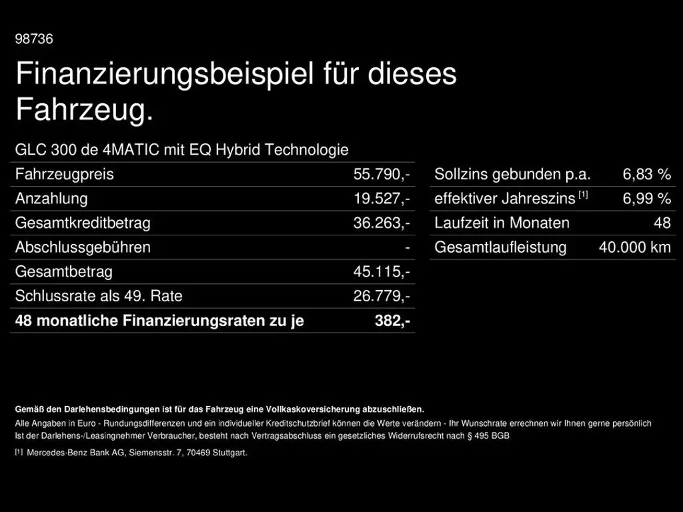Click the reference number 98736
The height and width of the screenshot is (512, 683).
(x=34, y=39)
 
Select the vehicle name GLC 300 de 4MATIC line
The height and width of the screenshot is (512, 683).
(x=181, y=150)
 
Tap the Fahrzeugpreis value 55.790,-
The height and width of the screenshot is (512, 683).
(x=382, y=175)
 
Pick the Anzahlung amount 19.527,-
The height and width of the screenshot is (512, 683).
(x=382, y=199)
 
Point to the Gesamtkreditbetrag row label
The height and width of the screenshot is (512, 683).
(x=83, y=223)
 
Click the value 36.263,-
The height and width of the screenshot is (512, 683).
(x=382, y=223)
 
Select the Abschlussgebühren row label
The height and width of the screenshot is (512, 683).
(x=83, y=247)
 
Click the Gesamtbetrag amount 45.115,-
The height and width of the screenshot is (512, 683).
(x=382, y=272)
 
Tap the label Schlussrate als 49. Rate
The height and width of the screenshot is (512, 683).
(x=99, y=296)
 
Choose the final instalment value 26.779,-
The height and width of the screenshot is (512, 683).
(x=382, y=296)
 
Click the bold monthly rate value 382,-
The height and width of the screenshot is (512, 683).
(x=392, y=321)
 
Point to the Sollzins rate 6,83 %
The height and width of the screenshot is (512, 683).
(x=646, y=175)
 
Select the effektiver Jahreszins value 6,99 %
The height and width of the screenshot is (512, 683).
(x=646, y=199)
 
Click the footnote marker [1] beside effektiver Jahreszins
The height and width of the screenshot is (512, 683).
(x=584, y=195)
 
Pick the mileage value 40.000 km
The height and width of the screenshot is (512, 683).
(x=634, y=247)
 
